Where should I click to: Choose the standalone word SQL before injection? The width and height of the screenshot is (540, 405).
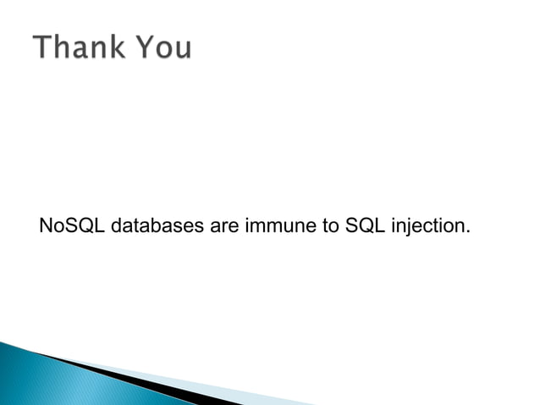(364, 227)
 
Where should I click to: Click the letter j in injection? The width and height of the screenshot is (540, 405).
(409, 228)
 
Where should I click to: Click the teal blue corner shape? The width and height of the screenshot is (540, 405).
(34, 381)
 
